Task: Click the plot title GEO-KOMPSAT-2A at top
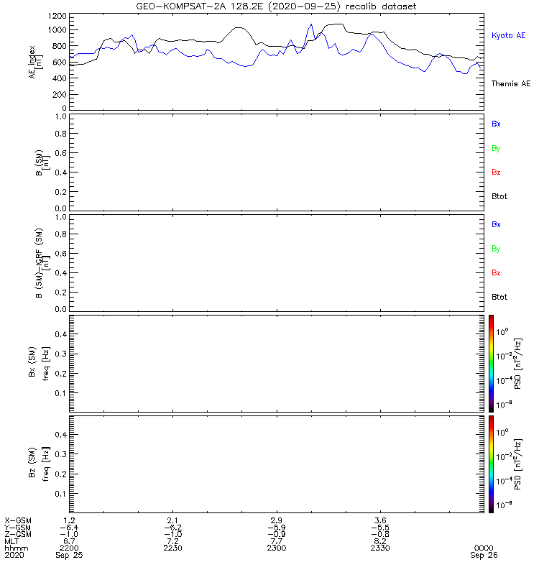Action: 181,6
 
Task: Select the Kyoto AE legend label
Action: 509,35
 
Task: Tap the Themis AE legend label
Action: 511,83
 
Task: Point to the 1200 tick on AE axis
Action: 57,16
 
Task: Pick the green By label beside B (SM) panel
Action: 496,148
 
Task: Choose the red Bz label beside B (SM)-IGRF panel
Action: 496,272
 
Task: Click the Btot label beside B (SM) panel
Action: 499,196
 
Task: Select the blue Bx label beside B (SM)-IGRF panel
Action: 496,224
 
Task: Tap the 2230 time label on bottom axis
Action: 172,548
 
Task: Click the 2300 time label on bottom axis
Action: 277,548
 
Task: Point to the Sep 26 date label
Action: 484,555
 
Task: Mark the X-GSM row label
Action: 18,520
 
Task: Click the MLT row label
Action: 11,541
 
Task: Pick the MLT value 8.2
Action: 380,541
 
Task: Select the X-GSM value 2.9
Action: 277,520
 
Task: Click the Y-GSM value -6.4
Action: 69,528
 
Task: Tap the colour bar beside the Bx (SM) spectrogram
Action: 491,364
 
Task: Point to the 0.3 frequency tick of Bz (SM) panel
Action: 61,454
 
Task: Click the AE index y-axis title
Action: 36,62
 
